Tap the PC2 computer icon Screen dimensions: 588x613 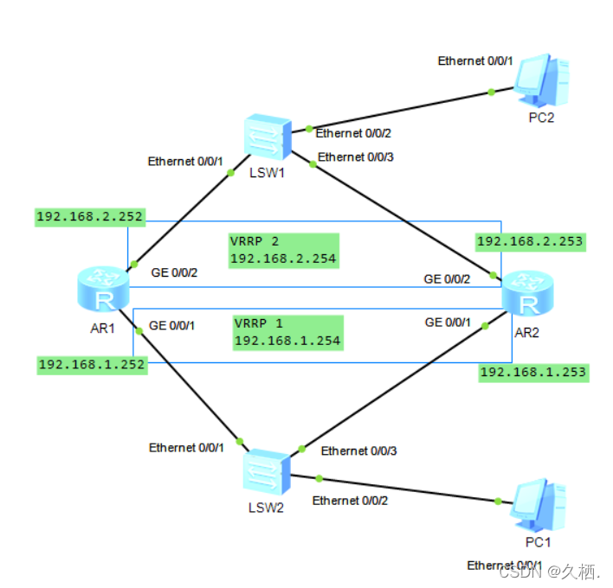[539, 79]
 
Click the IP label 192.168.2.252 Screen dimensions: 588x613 [90, 216]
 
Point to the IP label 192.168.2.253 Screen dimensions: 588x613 [530, 241]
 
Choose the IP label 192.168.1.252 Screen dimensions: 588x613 [91, 364]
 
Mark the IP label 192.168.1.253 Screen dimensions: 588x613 [533, 372]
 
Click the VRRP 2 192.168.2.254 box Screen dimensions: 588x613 [283, 249]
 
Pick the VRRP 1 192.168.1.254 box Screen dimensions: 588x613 [287, 333]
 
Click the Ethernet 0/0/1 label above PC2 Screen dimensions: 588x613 [475, 61]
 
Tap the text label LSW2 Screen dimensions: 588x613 [266, 507]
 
